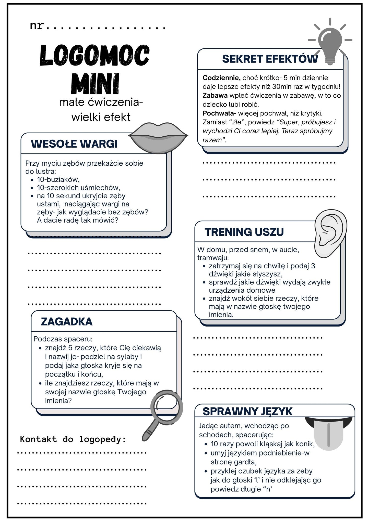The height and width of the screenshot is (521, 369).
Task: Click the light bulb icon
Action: click(x=330, y=42)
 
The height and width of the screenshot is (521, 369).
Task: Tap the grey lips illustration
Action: click(x=158, y=138)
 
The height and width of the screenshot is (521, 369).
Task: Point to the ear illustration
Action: click(x=330, y=233)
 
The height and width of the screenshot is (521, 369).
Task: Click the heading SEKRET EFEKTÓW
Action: click(x=270, y=59)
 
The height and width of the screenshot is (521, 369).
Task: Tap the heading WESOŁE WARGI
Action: click(x=74, y=144)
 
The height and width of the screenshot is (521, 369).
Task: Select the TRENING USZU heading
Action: click(x=244, y=232)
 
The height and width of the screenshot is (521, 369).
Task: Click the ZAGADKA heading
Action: click(x=67, y=322)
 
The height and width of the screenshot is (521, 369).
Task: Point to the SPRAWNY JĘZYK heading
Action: click(x=247, y=411)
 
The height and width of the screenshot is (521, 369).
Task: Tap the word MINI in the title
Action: click(x=95, y=83)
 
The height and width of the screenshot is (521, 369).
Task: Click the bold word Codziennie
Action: click(x=221, y=78)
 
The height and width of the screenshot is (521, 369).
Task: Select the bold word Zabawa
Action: click(x=215, y=95)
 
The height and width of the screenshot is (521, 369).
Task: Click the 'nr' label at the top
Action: click(x=37, y=25)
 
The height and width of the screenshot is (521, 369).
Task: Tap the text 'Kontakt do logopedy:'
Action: click(x=73, y=439)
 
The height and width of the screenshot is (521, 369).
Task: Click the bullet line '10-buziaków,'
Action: click(x=58, y=179)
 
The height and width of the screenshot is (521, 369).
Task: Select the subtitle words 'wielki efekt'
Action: click(x=101, y=117)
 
